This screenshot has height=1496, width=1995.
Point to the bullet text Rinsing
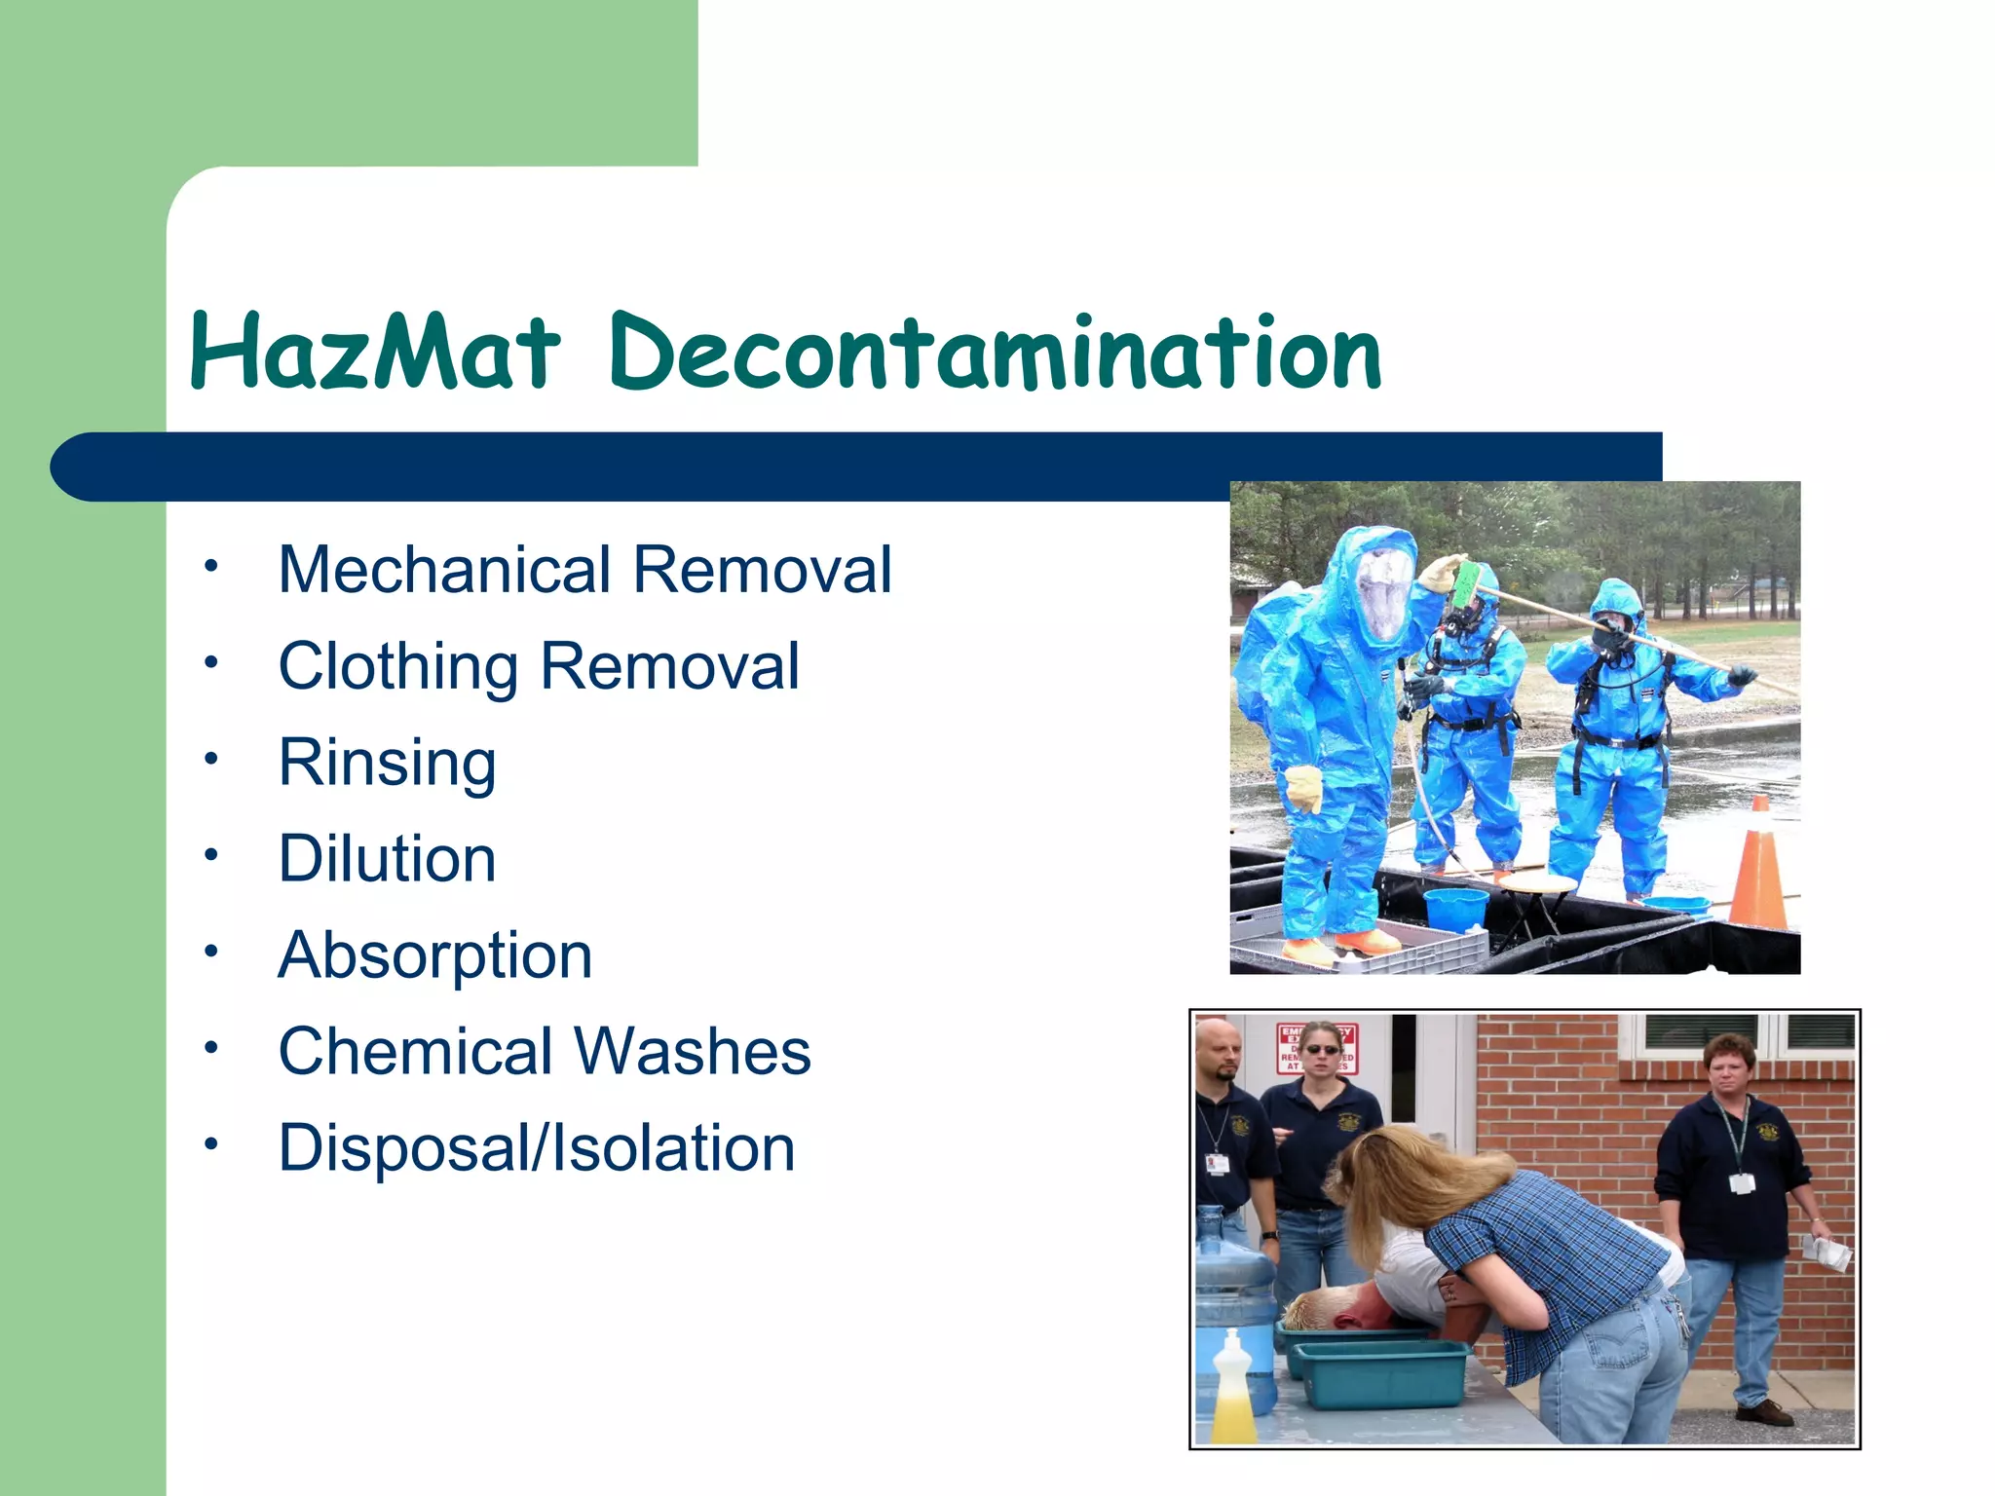pyautogui.click(x=387, y=764)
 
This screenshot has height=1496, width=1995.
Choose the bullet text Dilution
pyautogui.click(x=387, y=859)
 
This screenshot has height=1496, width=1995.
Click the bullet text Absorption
pyautogui.click(x=434, y=956)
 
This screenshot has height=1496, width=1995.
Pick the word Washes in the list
pyautogui.click(x=692, y=1052)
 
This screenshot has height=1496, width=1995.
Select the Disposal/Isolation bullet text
pyautogui.click(x=536, y=1148)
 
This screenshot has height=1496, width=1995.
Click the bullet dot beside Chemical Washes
pyautogui.click(x=210, y=1049)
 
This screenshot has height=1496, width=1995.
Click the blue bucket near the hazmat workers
pyautogui.click(x=1454, y=910)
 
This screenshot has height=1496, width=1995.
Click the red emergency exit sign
pyautogui.click(x=1315, y=1048)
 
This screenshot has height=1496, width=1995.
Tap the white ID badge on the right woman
pyautogui.click(x=1743, y=1182)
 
